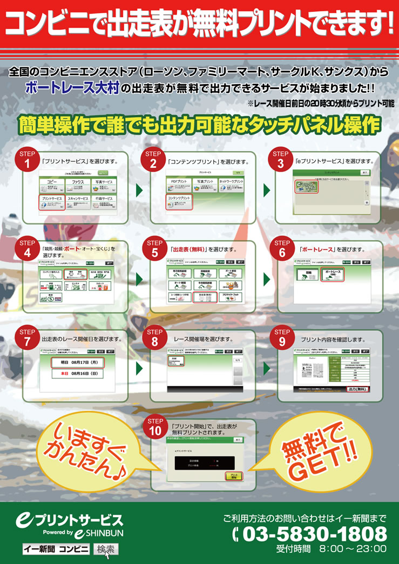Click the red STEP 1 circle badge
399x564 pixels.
point(27,159)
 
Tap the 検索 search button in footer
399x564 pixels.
point(105,549)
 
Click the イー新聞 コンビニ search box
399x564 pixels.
point(56,549)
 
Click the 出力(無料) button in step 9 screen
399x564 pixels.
point(357,389)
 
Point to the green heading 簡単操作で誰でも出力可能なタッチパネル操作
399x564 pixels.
point(199,125)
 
